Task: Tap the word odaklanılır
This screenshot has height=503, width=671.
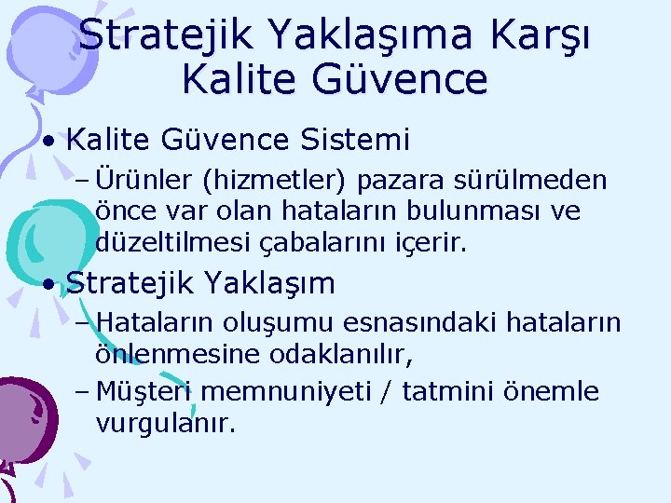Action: (340, 355)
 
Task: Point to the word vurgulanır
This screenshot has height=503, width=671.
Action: (165, 424)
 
